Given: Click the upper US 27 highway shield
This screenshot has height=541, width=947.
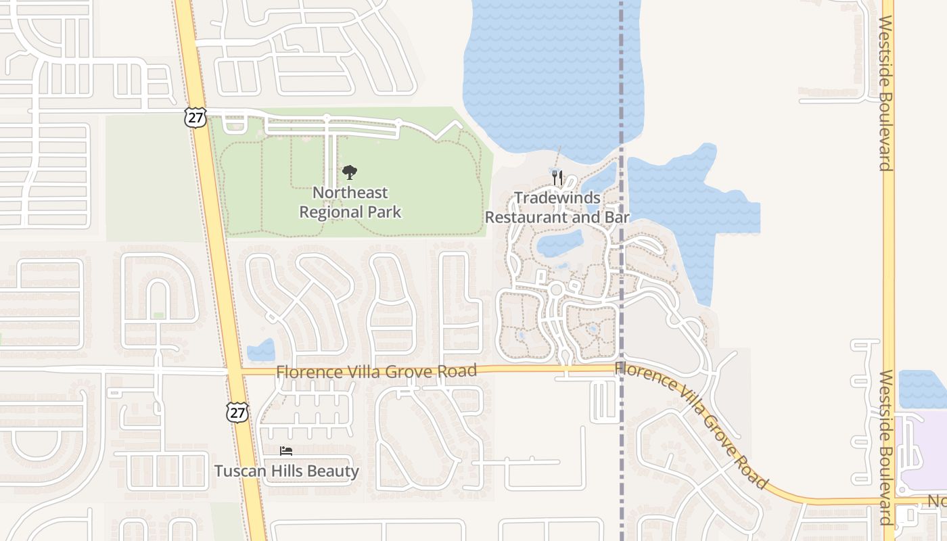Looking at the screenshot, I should (x=195, y=118).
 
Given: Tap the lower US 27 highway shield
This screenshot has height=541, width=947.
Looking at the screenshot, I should (x=237, y=413).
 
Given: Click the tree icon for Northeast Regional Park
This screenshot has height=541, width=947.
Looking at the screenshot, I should (x=350, y=173).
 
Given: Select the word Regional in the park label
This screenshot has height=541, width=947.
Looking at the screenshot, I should (x=332, y=212).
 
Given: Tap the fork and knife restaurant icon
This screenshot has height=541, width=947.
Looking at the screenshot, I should (x=557, y=178).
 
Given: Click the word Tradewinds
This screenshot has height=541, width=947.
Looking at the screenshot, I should (x=557, y=197).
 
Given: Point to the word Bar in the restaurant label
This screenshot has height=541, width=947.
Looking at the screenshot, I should (x=617, y=217).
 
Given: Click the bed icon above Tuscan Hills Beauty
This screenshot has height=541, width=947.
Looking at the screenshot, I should (x=286, y=451).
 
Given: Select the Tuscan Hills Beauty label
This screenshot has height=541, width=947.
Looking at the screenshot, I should (x=286, y=471).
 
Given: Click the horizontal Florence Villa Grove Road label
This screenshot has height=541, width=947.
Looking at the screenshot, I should (x=376, y=371).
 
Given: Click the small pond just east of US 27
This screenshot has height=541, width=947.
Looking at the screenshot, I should (x=261, y=350).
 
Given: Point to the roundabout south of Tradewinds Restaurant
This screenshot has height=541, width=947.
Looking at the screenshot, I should (x=557, y=289).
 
